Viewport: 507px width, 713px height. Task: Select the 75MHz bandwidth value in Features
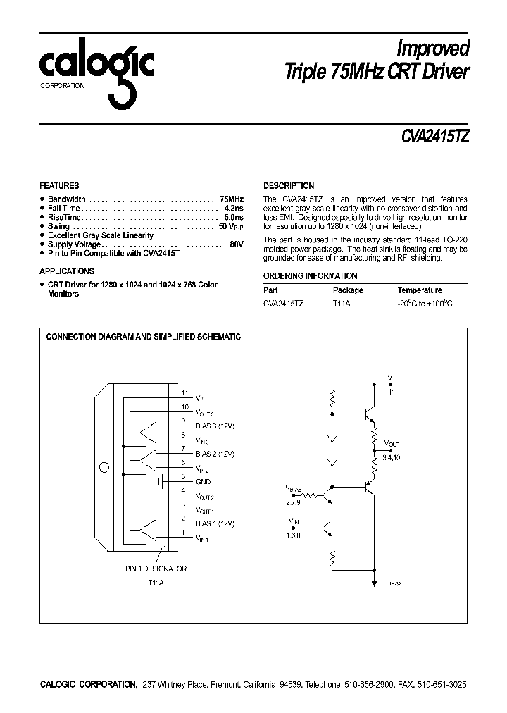pyautogui.click(x=231, y=199)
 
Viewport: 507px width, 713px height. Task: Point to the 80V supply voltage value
pyautogui.click(x=236, y=244)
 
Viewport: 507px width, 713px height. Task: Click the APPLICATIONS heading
pyautogui.click(x=66, y=271)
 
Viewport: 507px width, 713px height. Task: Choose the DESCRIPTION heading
pyautogui.click(x=289, y=186)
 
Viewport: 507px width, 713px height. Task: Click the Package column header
pyautogui.click(x=348, y=290)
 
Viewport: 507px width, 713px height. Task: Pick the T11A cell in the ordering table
pyautogui.click(x=342, y=304)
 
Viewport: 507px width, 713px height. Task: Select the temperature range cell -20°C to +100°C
pyautogui.click(x=425, y=304)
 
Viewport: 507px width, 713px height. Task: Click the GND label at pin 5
pyautogui.click(x=202, y=482)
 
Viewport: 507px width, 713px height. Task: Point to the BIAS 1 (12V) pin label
pyautogui.click(x=215, y=524)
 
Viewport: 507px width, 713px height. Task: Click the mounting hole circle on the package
pyautogui.click(x=105, y=467)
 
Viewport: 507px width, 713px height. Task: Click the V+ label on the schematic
pyautogui.click(x=392, y=378)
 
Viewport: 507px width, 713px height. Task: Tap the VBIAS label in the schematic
pyautogui.click(x=294, y=488)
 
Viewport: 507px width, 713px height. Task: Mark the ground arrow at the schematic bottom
pyautogui.click(x=373, y=582)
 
